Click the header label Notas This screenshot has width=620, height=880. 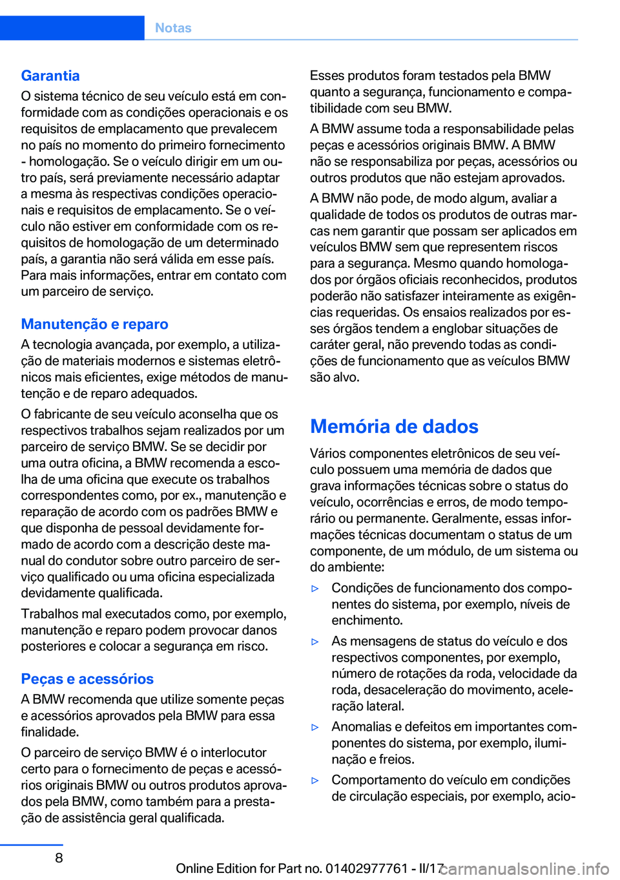click(x=173, y=28)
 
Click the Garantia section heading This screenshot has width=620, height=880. click(x=50, y=76)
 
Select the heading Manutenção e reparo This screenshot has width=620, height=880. click(x=94, y=324)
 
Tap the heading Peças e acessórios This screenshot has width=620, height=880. click(x=87, y=678)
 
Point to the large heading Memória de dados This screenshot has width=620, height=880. click(x=394, y=426)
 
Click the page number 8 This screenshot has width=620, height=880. click(x=59, y=857)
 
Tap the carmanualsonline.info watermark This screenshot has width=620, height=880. click(x=526, y=868)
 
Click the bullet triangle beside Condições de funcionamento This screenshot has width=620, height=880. click(x=315, y=589)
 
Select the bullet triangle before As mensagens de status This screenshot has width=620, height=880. click(x=315, y=642)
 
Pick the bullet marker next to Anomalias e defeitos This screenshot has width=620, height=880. click(x=315, y=728)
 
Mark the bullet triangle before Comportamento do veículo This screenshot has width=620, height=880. click(x=315, y=780)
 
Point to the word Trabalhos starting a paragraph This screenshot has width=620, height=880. click(x=49, y=613)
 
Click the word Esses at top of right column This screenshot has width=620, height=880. click(x=327, y=76)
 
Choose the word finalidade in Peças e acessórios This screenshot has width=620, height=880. click(x=50, y=731)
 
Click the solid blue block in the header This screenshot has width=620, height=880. click(x=72, y=28)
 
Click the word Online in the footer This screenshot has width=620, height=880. click(x=196, y=868)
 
